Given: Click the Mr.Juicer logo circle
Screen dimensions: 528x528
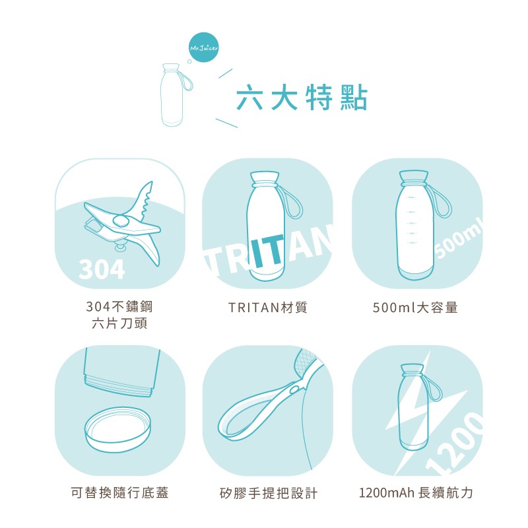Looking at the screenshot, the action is pos(204,48).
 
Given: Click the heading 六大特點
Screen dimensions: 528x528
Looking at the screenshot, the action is pos(302,98).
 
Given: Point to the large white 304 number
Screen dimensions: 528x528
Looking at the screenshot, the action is pos(102,269).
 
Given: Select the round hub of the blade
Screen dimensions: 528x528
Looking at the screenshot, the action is pos(123,221).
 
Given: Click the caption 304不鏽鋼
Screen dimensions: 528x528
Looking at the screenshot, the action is pos(119,306).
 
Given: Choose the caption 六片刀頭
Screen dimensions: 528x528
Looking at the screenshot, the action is pos(119,323).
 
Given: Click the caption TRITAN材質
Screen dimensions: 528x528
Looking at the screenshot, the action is pos(268,308).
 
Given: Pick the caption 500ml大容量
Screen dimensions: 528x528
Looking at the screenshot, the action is pos(415,308).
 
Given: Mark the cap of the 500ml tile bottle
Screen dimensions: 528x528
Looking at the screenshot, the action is pos(414,178).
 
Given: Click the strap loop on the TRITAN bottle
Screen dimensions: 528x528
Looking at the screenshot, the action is pos(293,201).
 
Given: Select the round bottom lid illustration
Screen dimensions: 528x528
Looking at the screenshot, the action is pos(118,430).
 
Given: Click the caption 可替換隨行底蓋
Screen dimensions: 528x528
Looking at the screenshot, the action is pos(119,492).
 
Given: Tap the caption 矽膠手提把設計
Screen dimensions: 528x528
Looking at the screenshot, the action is pos(269,493).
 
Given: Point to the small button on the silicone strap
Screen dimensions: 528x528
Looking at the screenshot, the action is pos(294,390).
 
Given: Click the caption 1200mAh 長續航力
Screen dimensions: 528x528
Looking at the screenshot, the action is pos(416,492).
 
